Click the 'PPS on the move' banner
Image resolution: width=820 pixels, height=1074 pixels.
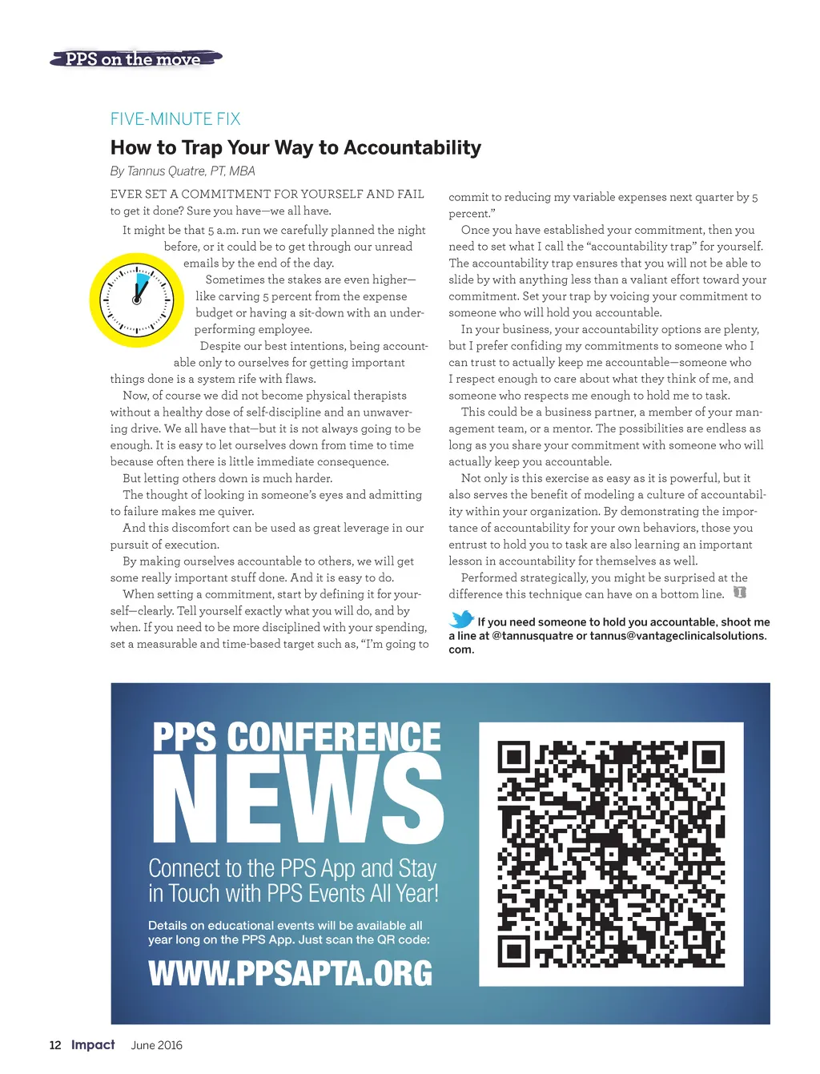[135, 58]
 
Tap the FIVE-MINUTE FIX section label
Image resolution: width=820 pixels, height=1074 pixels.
[175, 119]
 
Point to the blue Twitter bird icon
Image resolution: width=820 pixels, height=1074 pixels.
[461, 619]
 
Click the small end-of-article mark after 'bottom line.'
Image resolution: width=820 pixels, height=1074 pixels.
[740, 593]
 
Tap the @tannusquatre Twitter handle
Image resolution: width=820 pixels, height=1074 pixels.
[533, 635]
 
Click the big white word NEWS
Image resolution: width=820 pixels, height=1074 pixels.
[297, 798]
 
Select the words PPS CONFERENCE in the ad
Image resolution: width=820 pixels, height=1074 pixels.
[296, 737]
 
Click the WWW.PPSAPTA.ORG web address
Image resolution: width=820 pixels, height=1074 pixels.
[290, 973]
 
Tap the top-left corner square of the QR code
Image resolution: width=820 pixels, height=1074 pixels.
[513, 756]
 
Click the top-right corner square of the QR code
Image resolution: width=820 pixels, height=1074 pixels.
[708, 756]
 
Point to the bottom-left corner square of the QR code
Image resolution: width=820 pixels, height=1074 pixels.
[513, 951]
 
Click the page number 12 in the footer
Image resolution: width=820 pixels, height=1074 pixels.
[55, 1044]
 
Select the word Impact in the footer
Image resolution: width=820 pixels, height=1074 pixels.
[93, 1044]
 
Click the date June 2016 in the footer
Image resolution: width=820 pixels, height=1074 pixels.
[157, 1045]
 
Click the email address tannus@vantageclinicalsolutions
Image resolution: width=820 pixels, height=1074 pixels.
[677, 635]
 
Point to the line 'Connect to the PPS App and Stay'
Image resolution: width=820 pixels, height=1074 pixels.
[292, 868]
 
